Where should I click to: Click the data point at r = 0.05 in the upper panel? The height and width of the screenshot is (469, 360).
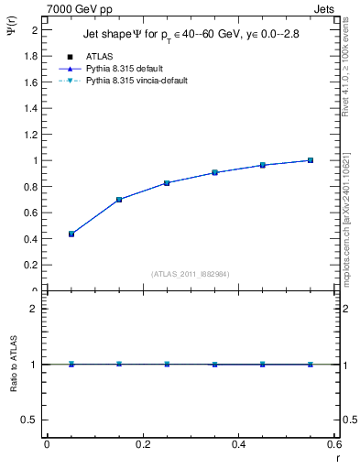pyautogui.click(x=71, y=234)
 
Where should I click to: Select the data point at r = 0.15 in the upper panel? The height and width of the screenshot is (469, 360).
pyautogui.click(x=119, y=200)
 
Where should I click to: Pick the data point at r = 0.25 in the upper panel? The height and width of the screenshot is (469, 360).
pyautogui.click(x=167, y=183)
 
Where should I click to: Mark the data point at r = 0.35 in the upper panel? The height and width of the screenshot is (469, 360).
pyautogui.click(x=214, y=172)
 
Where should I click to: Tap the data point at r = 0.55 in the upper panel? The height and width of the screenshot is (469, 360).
pyautogui.click(x=311, y=160)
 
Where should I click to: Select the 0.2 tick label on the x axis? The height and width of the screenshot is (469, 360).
pyautogui.click(x=142, y=444)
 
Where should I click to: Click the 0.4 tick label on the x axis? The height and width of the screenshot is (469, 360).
pyautogui.click(x=238, y=444)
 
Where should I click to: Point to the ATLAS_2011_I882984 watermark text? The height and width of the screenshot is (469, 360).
pyautogui.click(x=190, y=273)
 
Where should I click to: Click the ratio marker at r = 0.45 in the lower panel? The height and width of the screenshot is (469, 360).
pyautogui.click(x=263, y=364)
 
